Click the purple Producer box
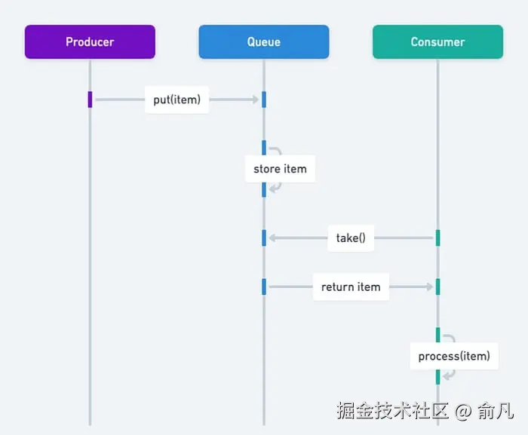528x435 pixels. pyautogui.click(x=90, y=41)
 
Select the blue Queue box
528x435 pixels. pyautogui.click(x=263, y=41)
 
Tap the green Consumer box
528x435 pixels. pyautogui.click(x=437, y=41)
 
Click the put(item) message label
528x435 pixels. pyautogui.click(x=177, y=100)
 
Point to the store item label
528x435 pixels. pyautogui.click(x=280, y=169)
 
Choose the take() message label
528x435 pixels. pyautogui.click(x=351, y=238)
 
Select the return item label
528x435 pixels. pyautogui.click(x=351, y=287)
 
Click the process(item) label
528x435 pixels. pyautogui.click(x=454, y=356)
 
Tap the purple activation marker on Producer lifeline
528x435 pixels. pyautogui.click(x=90, y=100)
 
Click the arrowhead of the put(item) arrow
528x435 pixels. pyautogui.click(x=256, y=100)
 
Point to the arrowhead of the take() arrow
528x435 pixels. pyautogui.click(x=272, y=238)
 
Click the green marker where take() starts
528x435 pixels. pyautogui.click(x=437, y=238)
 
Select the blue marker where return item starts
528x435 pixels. pyautogui.click(x=264, y=287)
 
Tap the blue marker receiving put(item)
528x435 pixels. pyautogui.click(x=264, y=100)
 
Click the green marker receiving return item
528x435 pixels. pyautogui.click(x=437, y=287)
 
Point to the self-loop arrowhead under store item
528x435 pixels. pyautogui.click(x=272, y=188)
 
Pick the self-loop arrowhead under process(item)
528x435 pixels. pyautogui.click(x=447, y=375)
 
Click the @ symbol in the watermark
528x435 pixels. pyautogui.click(x=463, y=411)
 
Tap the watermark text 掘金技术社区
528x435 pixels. pyautogui.click(x=392, y=411)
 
